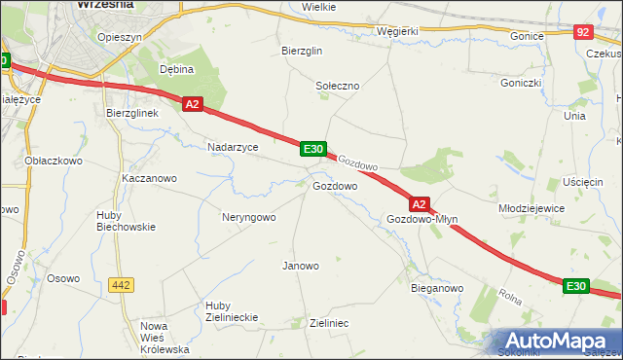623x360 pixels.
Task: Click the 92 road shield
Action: [x=583, y=32]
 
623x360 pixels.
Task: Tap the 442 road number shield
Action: [x=121, y=285]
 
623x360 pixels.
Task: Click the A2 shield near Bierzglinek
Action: [x=192, y=104]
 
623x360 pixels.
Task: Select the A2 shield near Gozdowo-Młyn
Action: [x=419, y=204]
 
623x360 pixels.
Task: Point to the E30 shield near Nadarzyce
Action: [x=312, y=148]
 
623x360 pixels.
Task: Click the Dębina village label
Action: [x=177, y=69]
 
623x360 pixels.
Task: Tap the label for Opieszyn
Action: [x=121, y=37]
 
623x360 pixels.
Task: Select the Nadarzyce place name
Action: [x=233, y=147]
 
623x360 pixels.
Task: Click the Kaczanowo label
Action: [x=149, y=179]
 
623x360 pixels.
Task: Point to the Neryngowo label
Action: [x=249, y=217]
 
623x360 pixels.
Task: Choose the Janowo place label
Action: [x=300, y=266]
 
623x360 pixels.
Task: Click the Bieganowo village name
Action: [x=437, y=289]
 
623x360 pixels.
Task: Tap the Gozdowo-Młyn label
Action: [x=421, y=220]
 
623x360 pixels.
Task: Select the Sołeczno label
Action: [x=338, y=86]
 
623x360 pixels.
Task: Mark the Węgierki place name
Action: [x=397, y=30]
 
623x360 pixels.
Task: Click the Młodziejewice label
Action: [x=531, y=208]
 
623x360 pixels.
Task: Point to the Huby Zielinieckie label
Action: [x=231, y=311]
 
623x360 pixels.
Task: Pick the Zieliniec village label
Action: [x=328, y=322]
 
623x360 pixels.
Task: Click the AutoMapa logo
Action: [x=558, y=341]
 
